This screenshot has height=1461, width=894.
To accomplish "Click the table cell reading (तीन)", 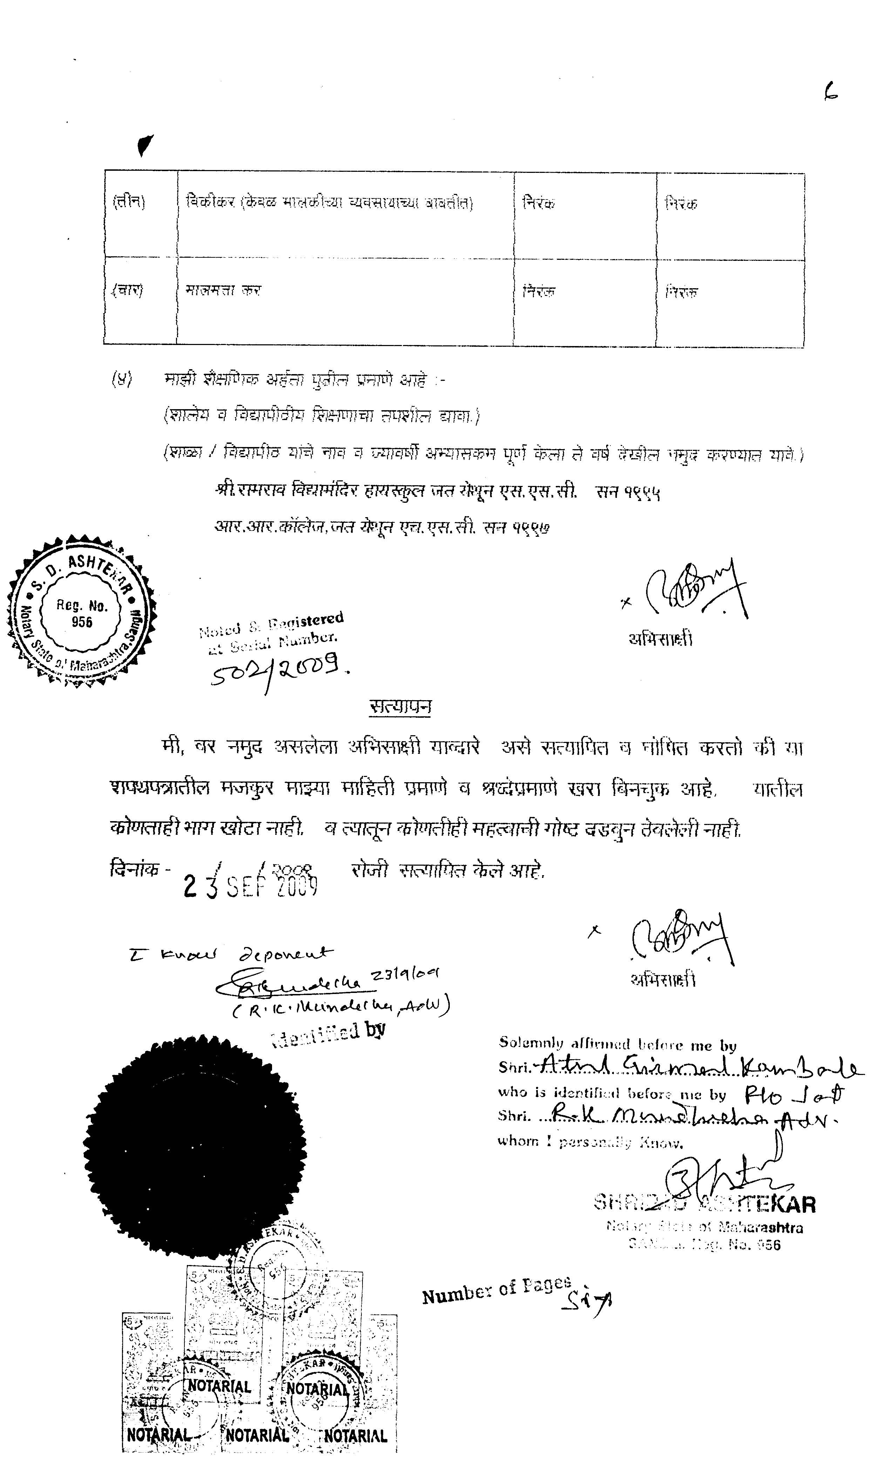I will pyautogui.click(x=129, y=202).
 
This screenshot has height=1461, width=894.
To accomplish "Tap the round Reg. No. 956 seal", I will pyautogui.click(x=82, y=613).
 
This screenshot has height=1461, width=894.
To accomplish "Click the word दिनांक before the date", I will pyautogui.click(x=136, y=869).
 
